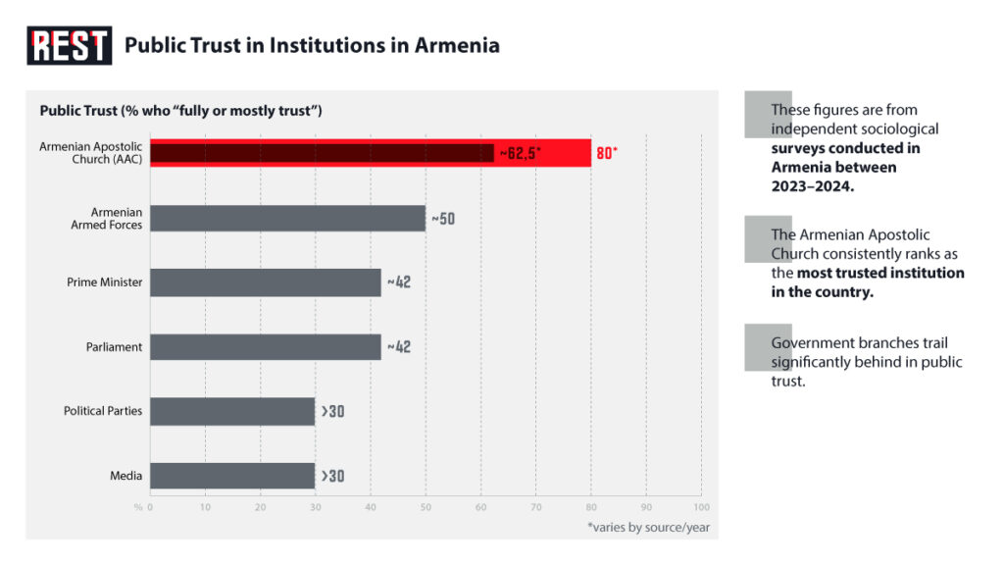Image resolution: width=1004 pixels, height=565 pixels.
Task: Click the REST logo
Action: click(x=69, y=45)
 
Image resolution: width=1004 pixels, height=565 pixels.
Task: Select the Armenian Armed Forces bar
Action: click(x=287, y=218)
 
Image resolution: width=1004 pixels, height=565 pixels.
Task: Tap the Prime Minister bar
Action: click(x=265, y=282)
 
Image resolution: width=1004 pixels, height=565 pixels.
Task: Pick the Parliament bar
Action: click(x=265, y=347)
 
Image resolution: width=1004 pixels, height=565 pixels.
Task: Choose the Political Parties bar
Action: click(x=232, y=411)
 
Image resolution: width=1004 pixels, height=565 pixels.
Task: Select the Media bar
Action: click(x=232, y=476)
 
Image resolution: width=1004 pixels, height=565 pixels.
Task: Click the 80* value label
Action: click(x=607, y=153)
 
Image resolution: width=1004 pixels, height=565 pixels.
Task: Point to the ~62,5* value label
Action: click(x=521, y=153)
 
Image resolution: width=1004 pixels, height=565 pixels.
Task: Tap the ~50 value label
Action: click(x=443, y=218)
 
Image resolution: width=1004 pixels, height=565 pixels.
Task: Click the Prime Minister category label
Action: click(x=105, y=282)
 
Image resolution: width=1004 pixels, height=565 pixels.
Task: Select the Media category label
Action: click(x=125, y=476)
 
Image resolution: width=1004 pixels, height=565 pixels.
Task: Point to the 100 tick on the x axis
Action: click(x=701, y=507)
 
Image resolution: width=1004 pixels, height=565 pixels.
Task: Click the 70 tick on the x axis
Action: click(x=535, y=507)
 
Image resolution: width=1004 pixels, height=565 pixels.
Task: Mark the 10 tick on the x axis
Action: click(x=205, y=507)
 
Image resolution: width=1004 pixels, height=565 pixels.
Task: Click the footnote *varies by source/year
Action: click(x=648, y=528)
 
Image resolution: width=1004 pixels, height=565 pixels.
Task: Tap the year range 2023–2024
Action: click(x=813, y=186)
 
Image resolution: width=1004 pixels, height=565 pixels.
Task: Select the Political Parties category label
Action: click(x=103, y=411)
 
